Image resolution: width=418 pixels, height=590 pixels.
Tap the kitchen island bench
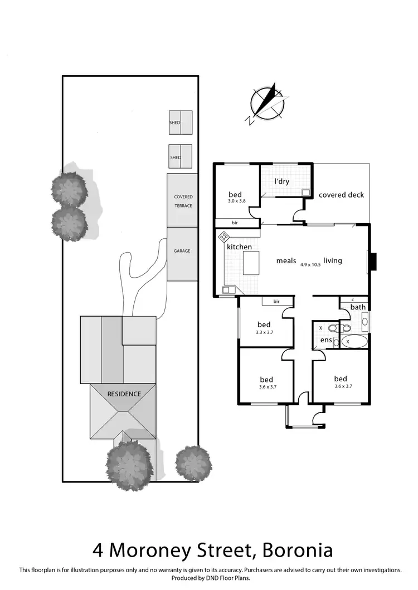251,262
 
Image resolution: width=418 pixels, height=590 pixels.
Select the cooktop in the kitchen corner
224,237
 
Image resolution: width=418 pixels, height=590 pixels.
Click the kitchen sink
227,290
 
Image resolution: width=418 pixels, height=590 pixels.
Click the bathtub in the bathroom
353,341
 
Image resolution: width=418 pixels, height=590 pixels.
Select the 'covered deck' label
341,195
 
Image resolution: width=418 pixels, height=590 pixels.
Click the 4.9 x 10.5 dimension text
312,265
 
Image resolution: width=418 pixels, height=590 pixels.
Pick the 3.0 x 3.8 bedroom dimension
236,201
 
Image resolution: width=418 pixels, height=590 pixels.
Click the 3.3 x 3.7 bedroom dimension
264,332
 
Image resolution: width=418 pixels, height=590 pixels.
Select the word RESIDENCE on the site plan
124,394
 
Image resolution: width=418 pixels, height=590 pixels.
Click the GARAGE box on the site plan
182,251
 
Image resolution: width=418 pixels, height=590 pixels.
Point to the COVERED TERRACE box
182,201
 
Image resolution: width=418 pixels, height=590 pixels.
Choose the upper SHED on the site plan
181,122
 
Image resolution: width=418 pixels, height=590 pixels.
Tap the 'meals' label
286,260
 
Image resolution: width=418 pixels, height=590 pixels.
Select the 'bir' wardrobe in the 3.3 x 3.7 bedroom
276,302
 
